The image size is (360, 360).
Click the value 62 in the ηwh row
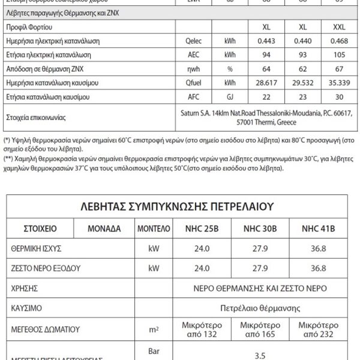click(302, 68)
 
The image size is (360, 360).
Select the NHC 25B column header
click(197, 229)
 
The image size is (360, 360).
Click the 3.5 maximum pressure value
click(260, 355)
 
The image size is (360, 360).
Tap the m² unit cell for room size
click(153, 329)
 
